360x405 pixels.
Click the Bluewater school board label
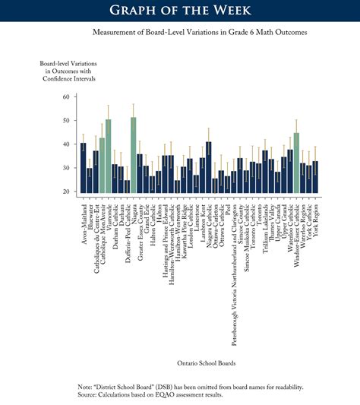[x=90, y=220]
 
